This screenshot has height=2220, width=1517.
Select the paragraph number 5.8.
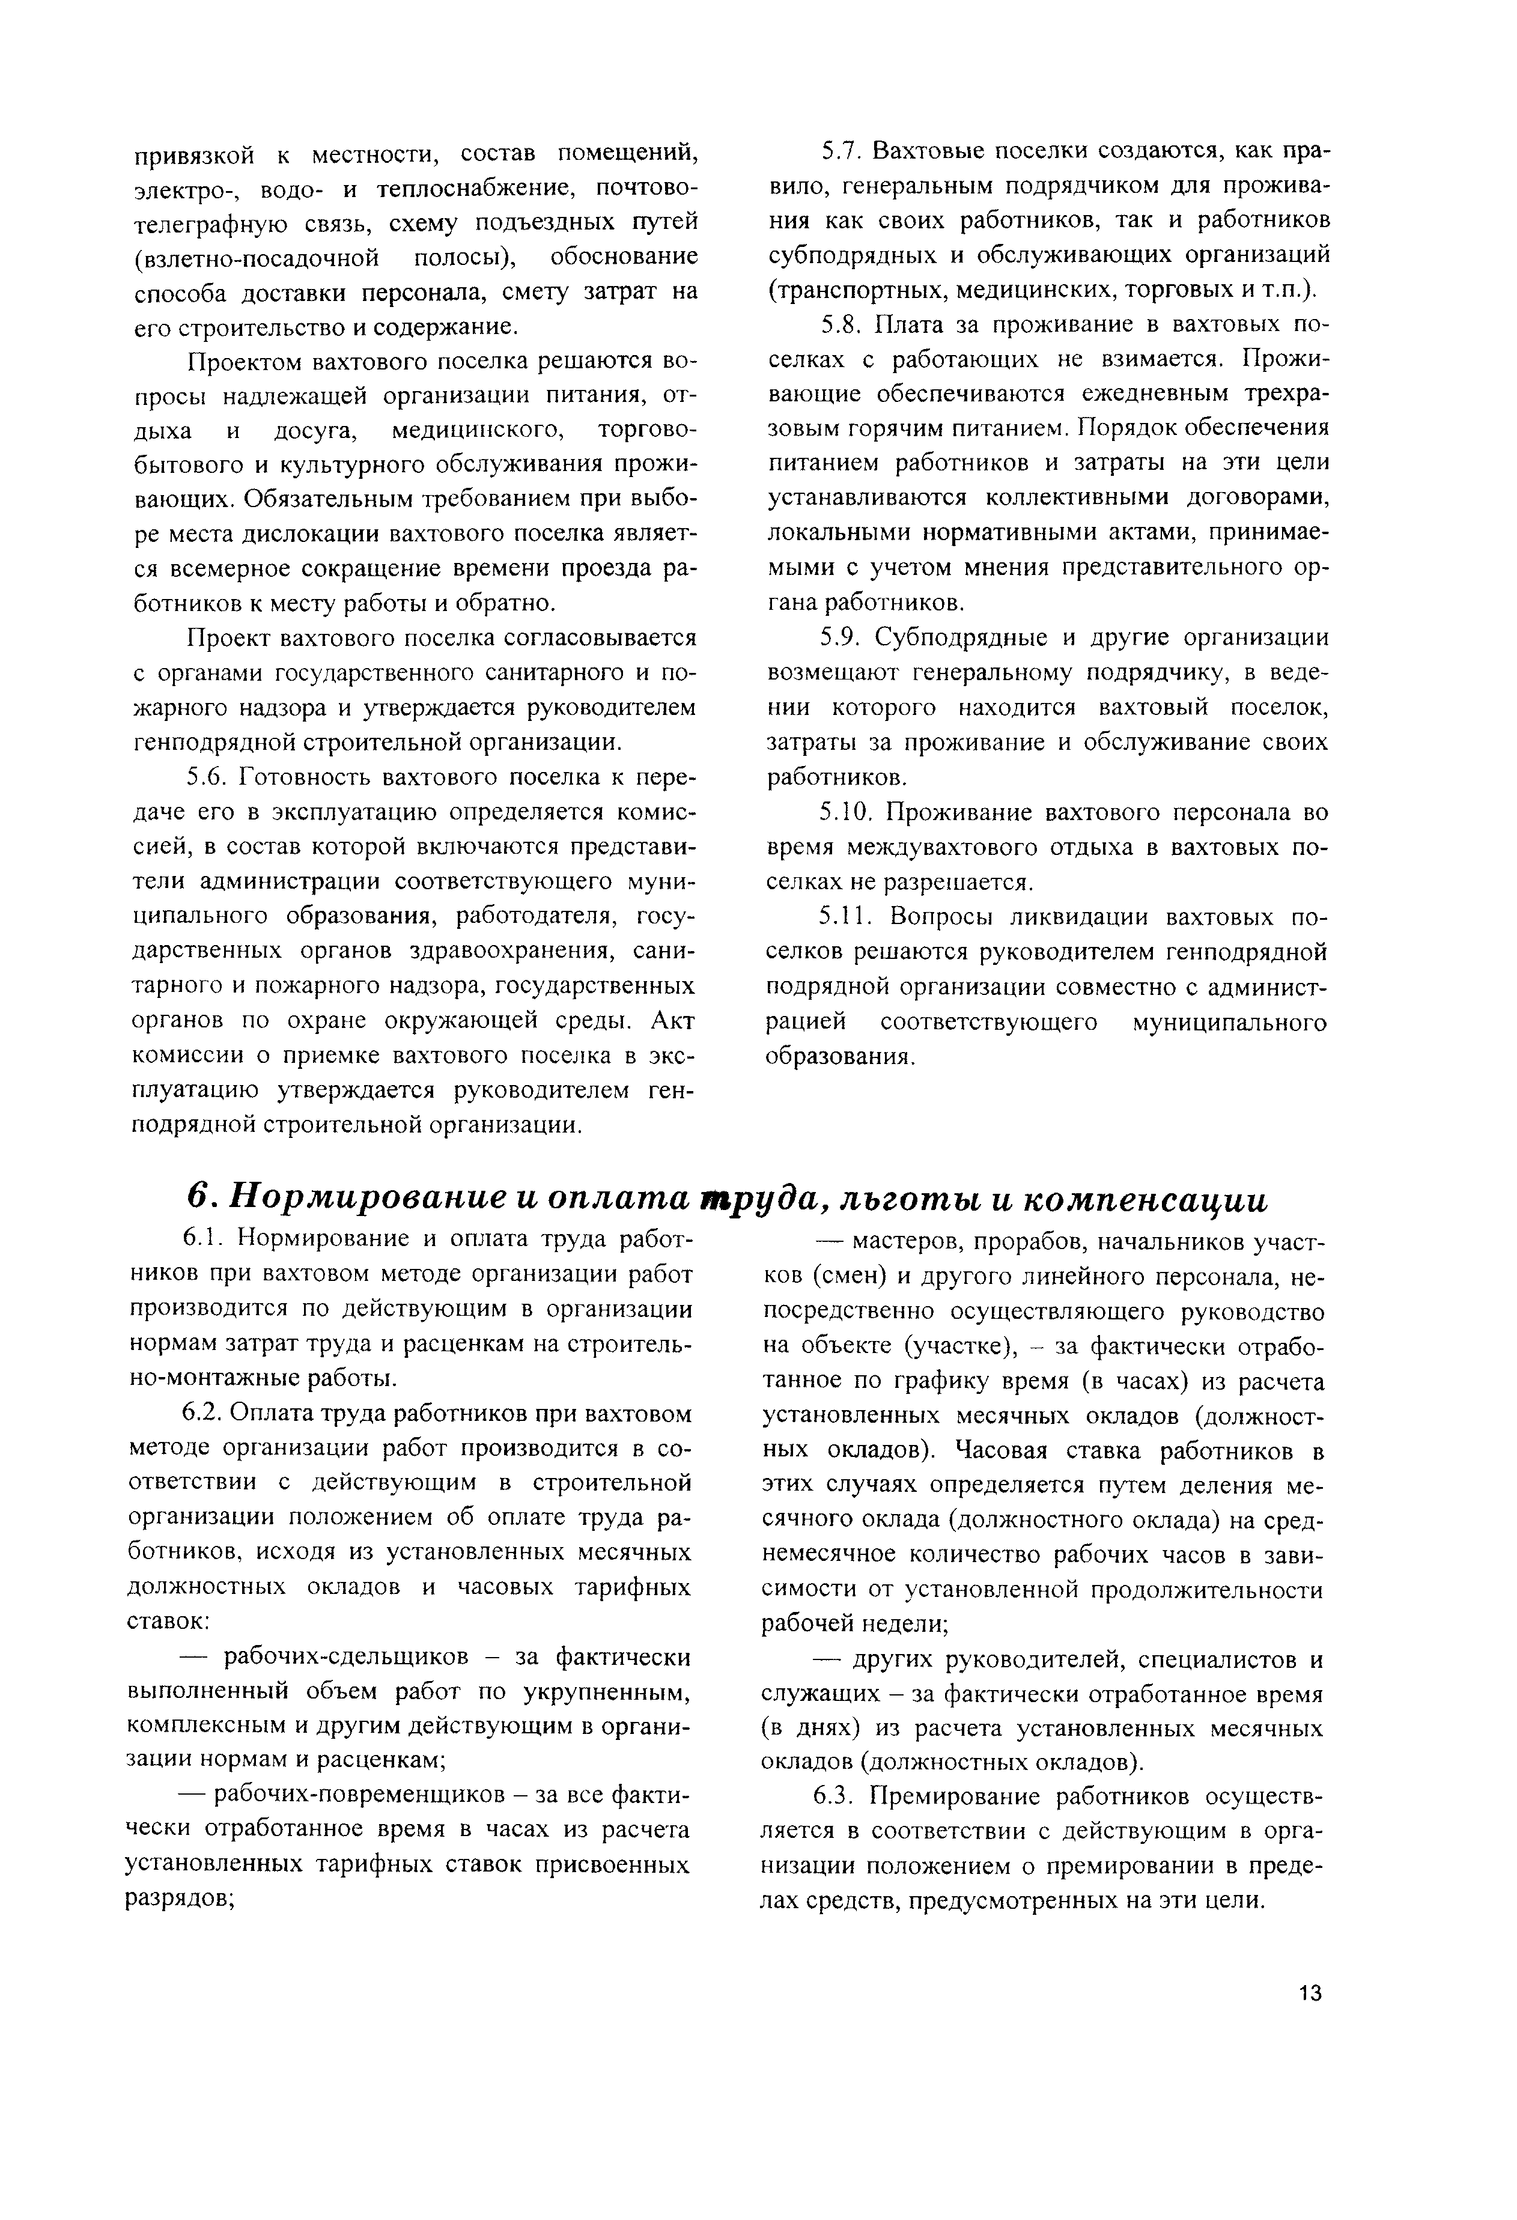[841, 326]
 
